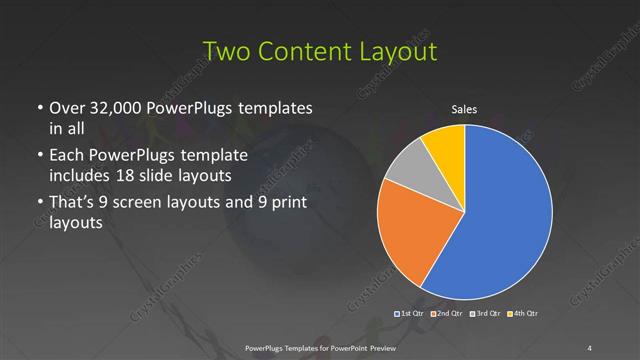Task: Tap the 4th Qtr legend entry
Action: [x=523, y=314]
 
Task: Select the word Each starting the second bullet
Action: [x=67, y=155]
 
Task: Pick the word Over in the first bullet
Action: [x=66, y=107]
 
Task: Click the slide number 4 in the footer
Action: [x=589, y=347]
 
